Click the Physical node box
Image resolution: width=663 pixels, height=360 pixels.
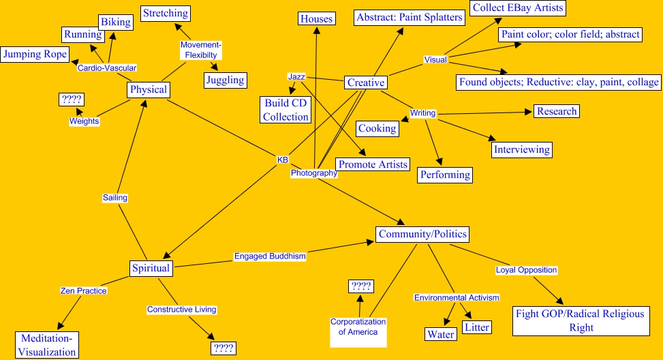tap(149, 90)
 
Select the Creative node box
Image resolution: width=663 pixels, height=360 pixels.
tap(365, 82)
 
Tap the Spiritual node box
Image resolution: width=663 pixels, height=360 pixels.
tap(151, 268)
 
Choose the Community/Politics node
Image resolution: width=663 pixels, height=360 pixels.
tap(422, 235)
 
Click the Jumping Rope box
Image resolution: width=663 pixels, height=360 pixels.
tap(34, 54)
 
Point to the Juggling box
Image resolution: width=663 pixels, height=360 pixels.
tap(225, 80)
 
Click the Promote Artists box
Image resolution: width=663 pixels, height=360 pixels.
tap(373, 164)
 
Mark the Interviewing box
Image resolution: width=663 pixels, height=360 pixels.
tap(522, 149)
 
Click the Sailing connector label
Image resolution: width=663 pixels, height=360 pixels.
tap(115, 198)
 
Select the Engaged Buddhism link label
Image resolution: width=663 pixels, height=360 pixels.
tap(270, 256)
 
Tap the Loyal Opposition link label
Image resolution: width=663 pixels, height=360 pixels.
tap(526, 270)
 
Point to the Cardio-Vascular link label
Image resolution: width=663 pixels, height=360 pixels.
tap(107, 68)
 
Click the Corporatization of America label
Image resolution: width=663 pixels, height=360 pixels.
tap(358, 327)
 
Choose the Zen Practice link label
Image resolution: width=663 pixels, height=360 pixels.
tap(83, 290)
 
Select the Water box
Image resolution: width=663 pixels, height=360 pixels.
tap(441, 334)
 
